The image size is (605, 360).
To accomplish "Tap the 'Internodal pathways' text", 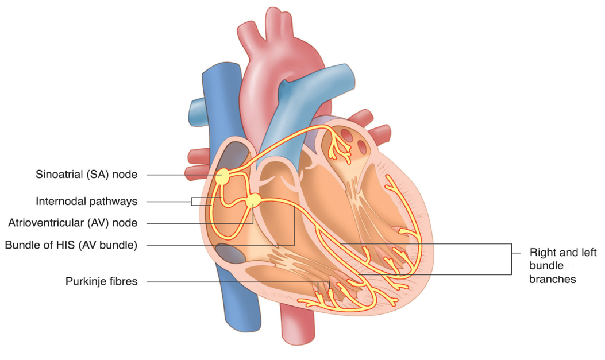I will (86, 202).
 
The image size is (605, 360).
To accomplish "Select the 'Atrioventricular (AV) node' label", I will (73, 223).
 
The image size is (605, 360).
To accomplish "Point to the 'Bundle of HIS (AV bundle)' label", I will (71, 246).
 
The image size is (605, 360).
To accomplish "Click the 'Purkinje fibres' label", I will (101, 282).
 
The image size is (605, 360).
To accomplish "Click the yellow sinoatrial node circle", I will (222, 177).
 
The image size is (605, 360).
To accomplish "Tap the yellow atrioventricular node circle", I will (253, 201).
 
